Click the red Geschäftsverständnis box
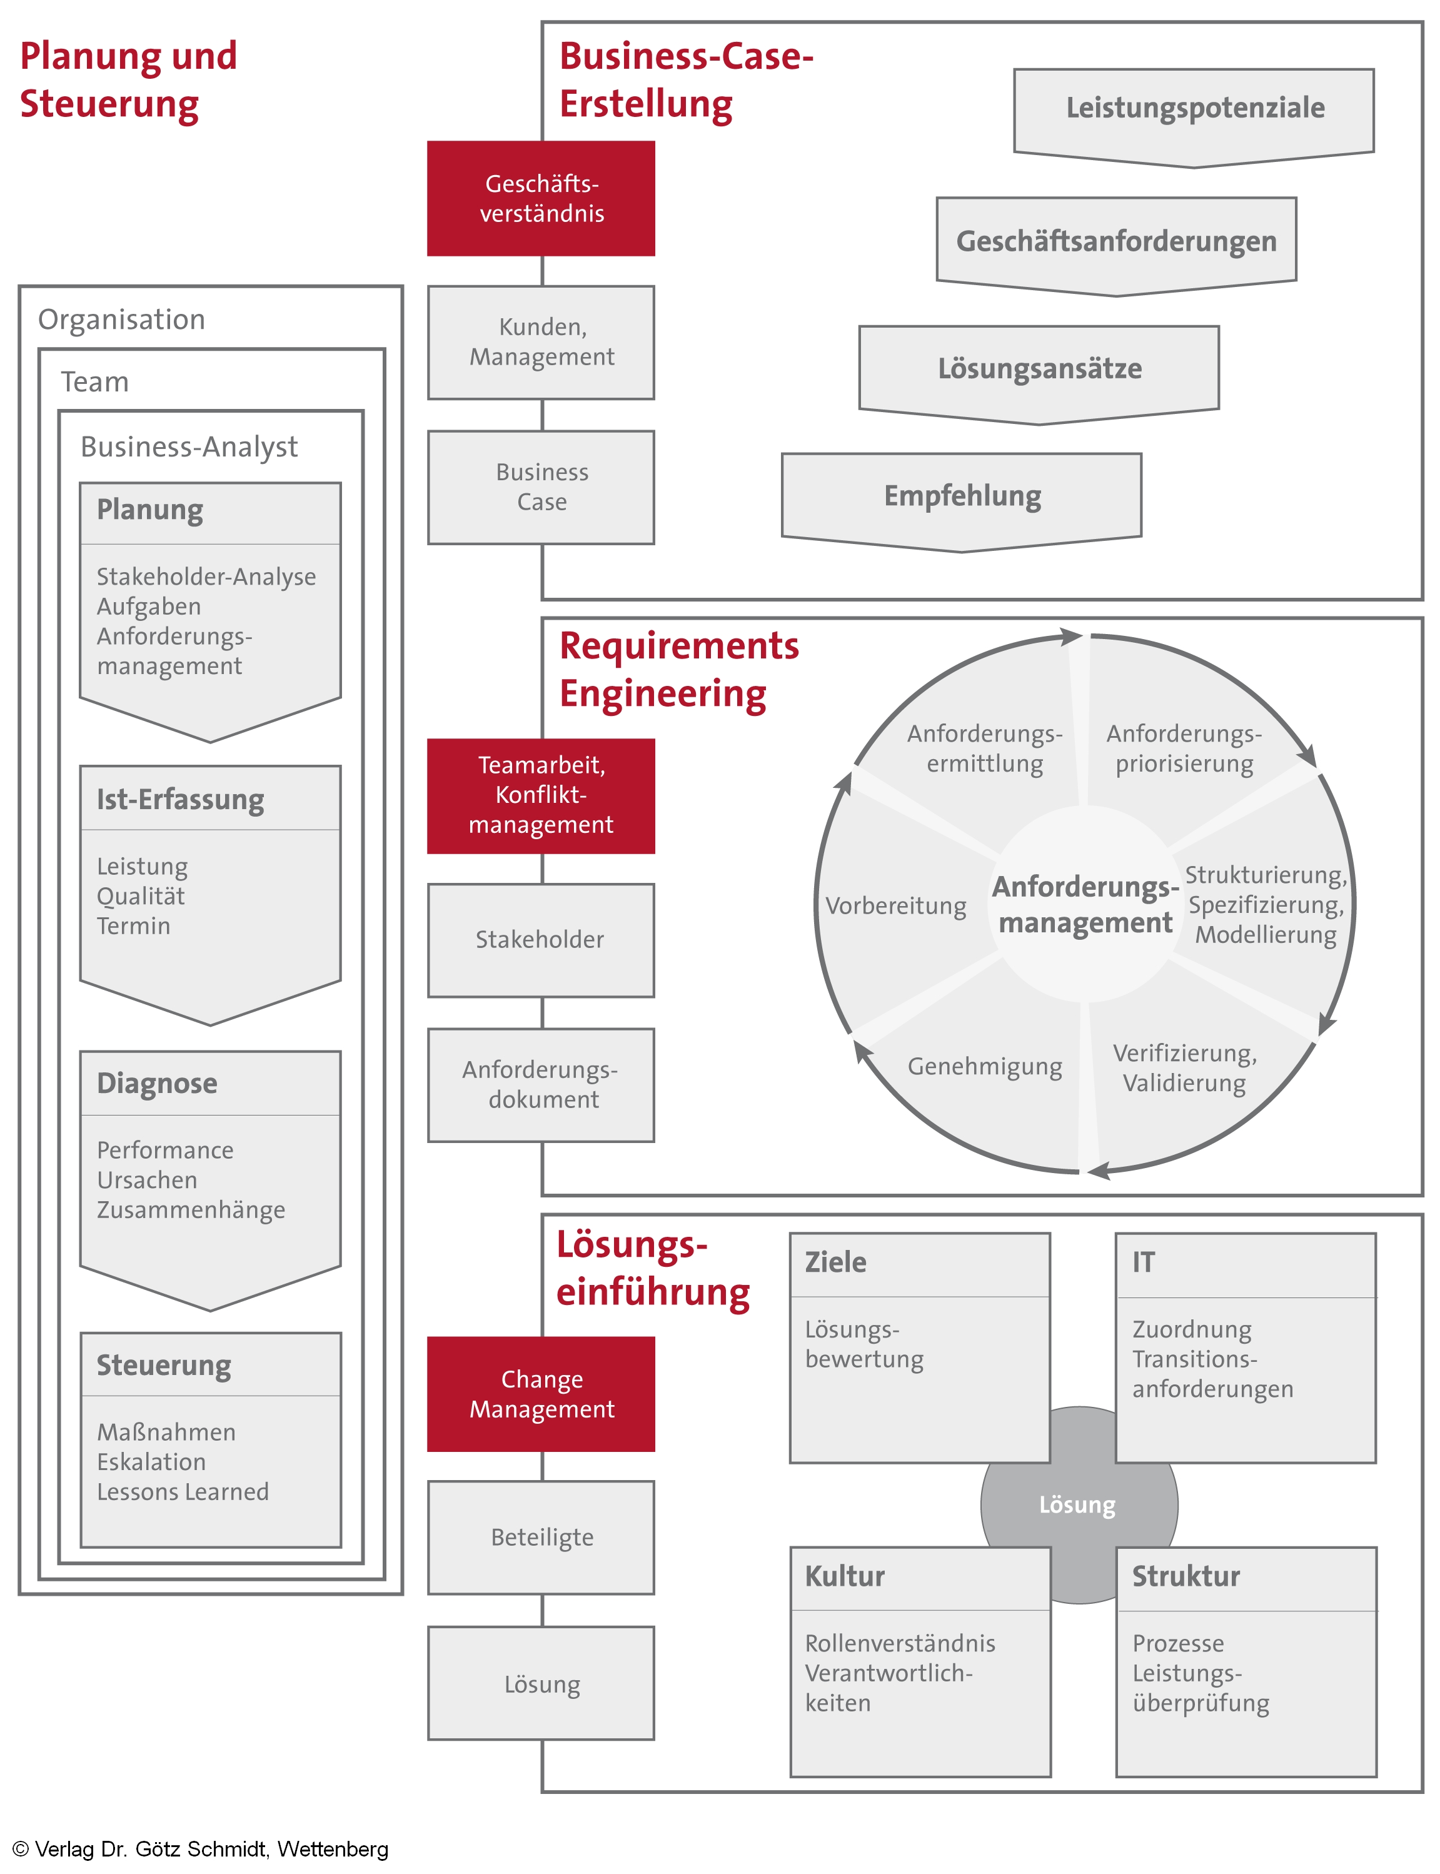tap(541, 198)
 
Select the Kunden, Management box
tap(541, 342)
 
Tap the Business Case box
tap(541, 487)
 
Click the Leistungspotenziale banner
tap(1194, 109)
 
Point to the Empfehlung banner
tap(962, 496)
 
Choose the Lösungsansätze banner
tap(1039, 369)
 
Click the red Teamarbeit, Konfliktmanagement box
tap(541, 795)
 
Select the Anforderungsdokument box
tap(541, 1084)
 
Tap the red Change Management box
tap(541, 1393)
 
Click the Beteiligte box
tap(541, 1537)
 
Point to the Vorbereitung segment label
tap(896, 906)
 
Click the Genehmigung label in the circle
tap(985, 1067)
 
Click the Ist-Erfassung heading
tap(180, 799)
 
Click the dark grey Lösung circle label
tap(1077, 1505)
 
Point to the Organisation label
tap(122, 320)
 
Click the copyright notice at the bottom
tap(201, 1849)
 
